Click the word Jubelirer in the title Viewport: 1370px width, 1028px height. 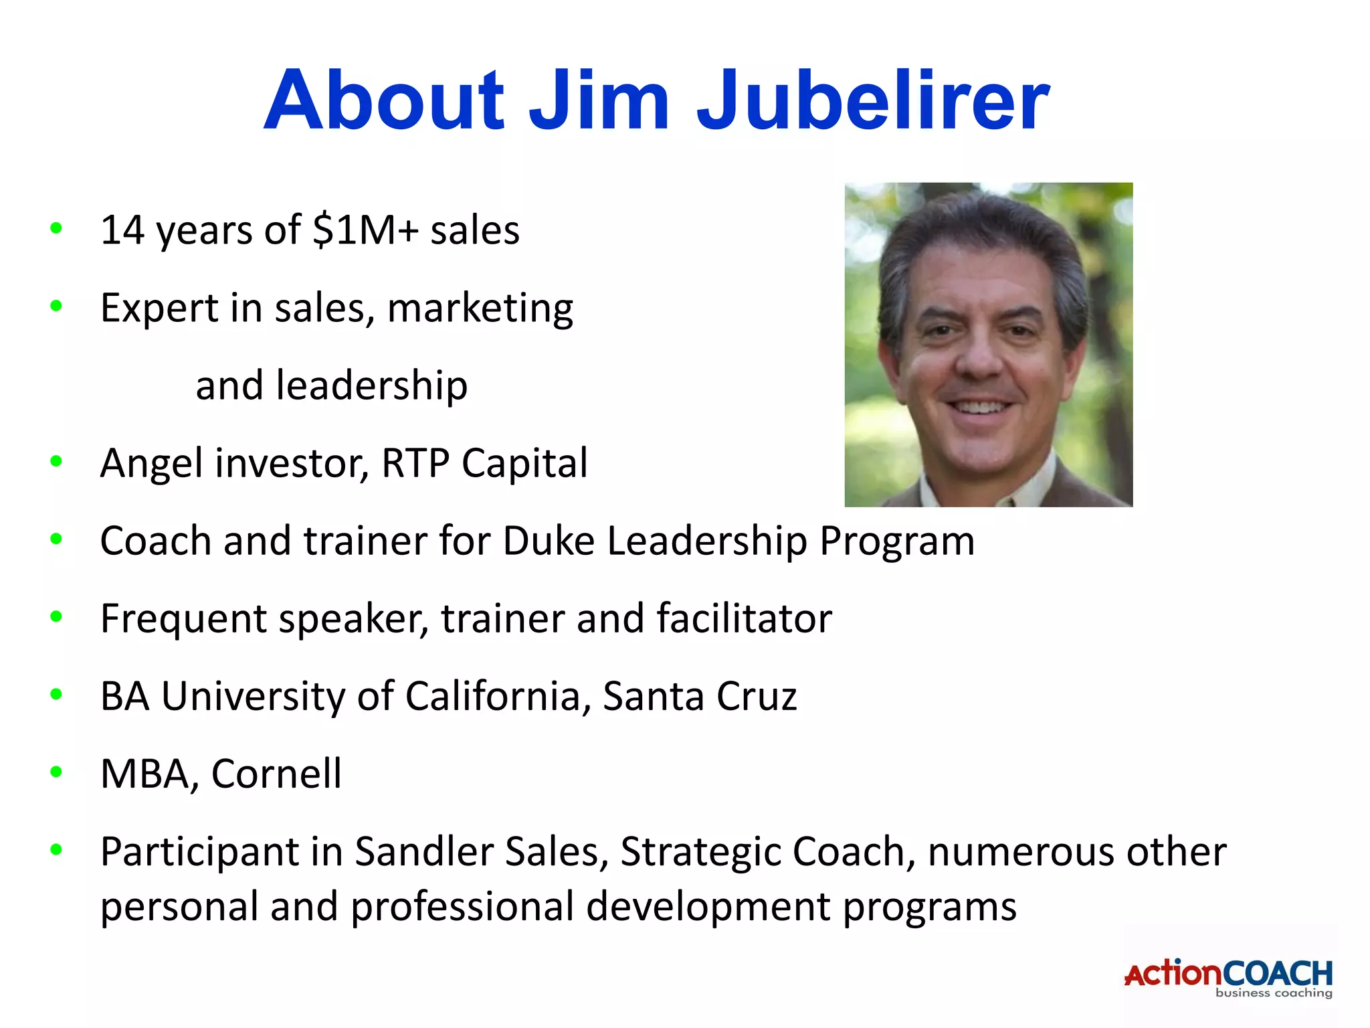(872, 100)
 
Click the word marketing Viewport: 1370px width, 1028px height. (480, 309)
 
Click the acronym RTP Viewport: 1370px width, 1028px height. (415, 463)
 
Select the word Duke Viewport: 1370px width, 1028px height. (548, 541)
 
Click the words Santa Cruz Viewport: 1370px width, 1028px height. (700, 696)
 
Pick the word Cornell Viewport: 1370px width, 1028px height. (276, 774)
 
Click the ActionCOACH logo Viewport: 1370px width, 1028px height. (1228, 977)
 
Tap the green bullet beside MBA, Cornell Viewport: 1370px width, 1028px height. (56, 772)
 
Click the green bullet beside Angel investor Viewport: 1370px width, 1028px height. (56, 461)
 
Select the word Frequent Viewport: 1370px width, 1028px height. (183, 619)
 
